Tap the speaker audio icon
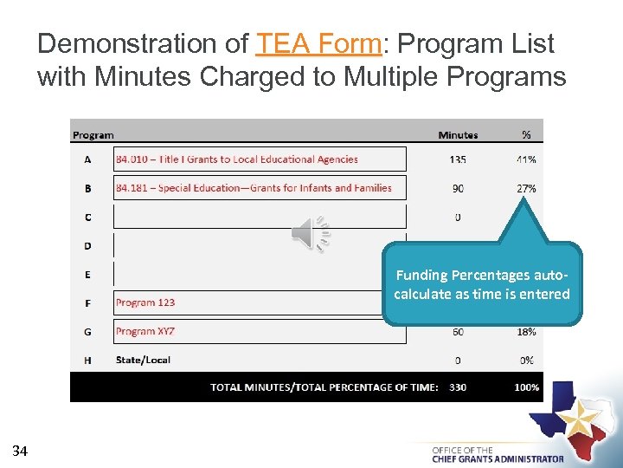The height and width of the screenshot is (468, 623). (x=310, y=234)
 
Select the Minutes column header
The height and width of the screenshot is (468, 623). (x=458, y=135)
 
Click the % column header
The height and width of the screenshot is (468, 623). (x=526, y=135)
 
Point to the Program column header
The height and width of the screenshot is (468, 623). (x=93, y=135)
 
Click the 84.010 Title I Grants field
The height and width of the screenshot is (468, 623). (x=260, y=159)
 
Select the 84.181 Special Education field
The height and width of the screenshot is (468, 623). (x=260, y=188)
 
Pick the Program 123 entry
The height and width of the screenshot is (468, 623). (x=145, y=302)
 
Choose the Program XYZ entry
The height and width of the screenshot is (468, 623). (x=145, y=331)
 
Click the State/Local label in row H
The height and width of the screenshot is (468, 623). (x=143, y=360)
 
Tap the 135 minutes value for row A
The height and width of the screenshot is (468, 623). (x=458, y=159)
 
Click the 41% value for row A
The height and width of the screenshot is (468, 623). (x=525, y=159)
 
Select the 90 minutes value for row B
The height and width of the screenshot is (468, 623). (x=458, y=188)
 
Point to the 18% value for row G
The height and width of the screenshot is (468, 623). (x=525, y=331)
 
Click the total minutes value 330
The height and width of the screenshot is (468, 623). (x=458, y=387)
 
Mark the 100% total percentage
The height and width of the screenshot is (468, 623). (x=526, y=387)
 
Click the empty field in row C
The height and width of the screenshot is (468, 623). (x=260, y=217)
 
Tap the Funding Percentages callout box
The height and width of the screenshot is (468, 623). (x=482, y=284)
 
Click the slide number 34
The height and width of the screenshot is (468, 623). (x=21, y=450)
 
